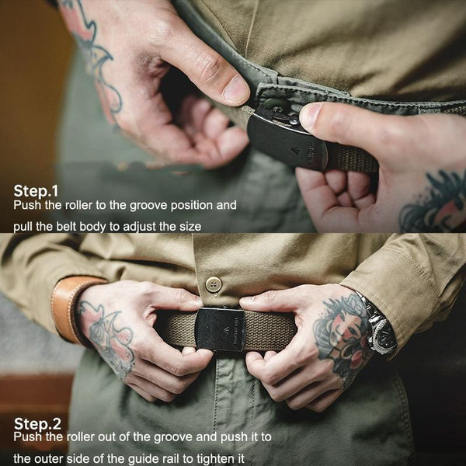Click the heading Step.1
point(36,191)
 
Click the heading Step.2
point(37,423)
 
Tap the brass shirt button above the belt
point(214,284)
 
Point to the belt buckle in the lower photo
point(221,329)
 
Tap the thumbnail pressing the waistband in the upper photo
point(235,89)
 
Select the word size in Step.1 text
point(190,227)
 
